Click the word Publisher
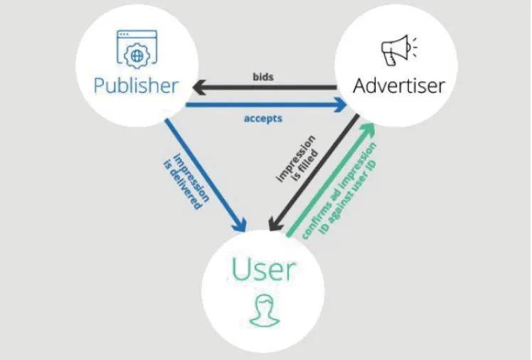tap(136, 86)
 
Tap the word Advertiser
tap(399, 86)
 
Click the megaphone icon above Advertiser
tap(398, 49)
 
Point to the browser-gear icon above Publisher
tap(136, 48)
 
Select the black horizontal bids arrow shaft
tap(270, 88)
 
